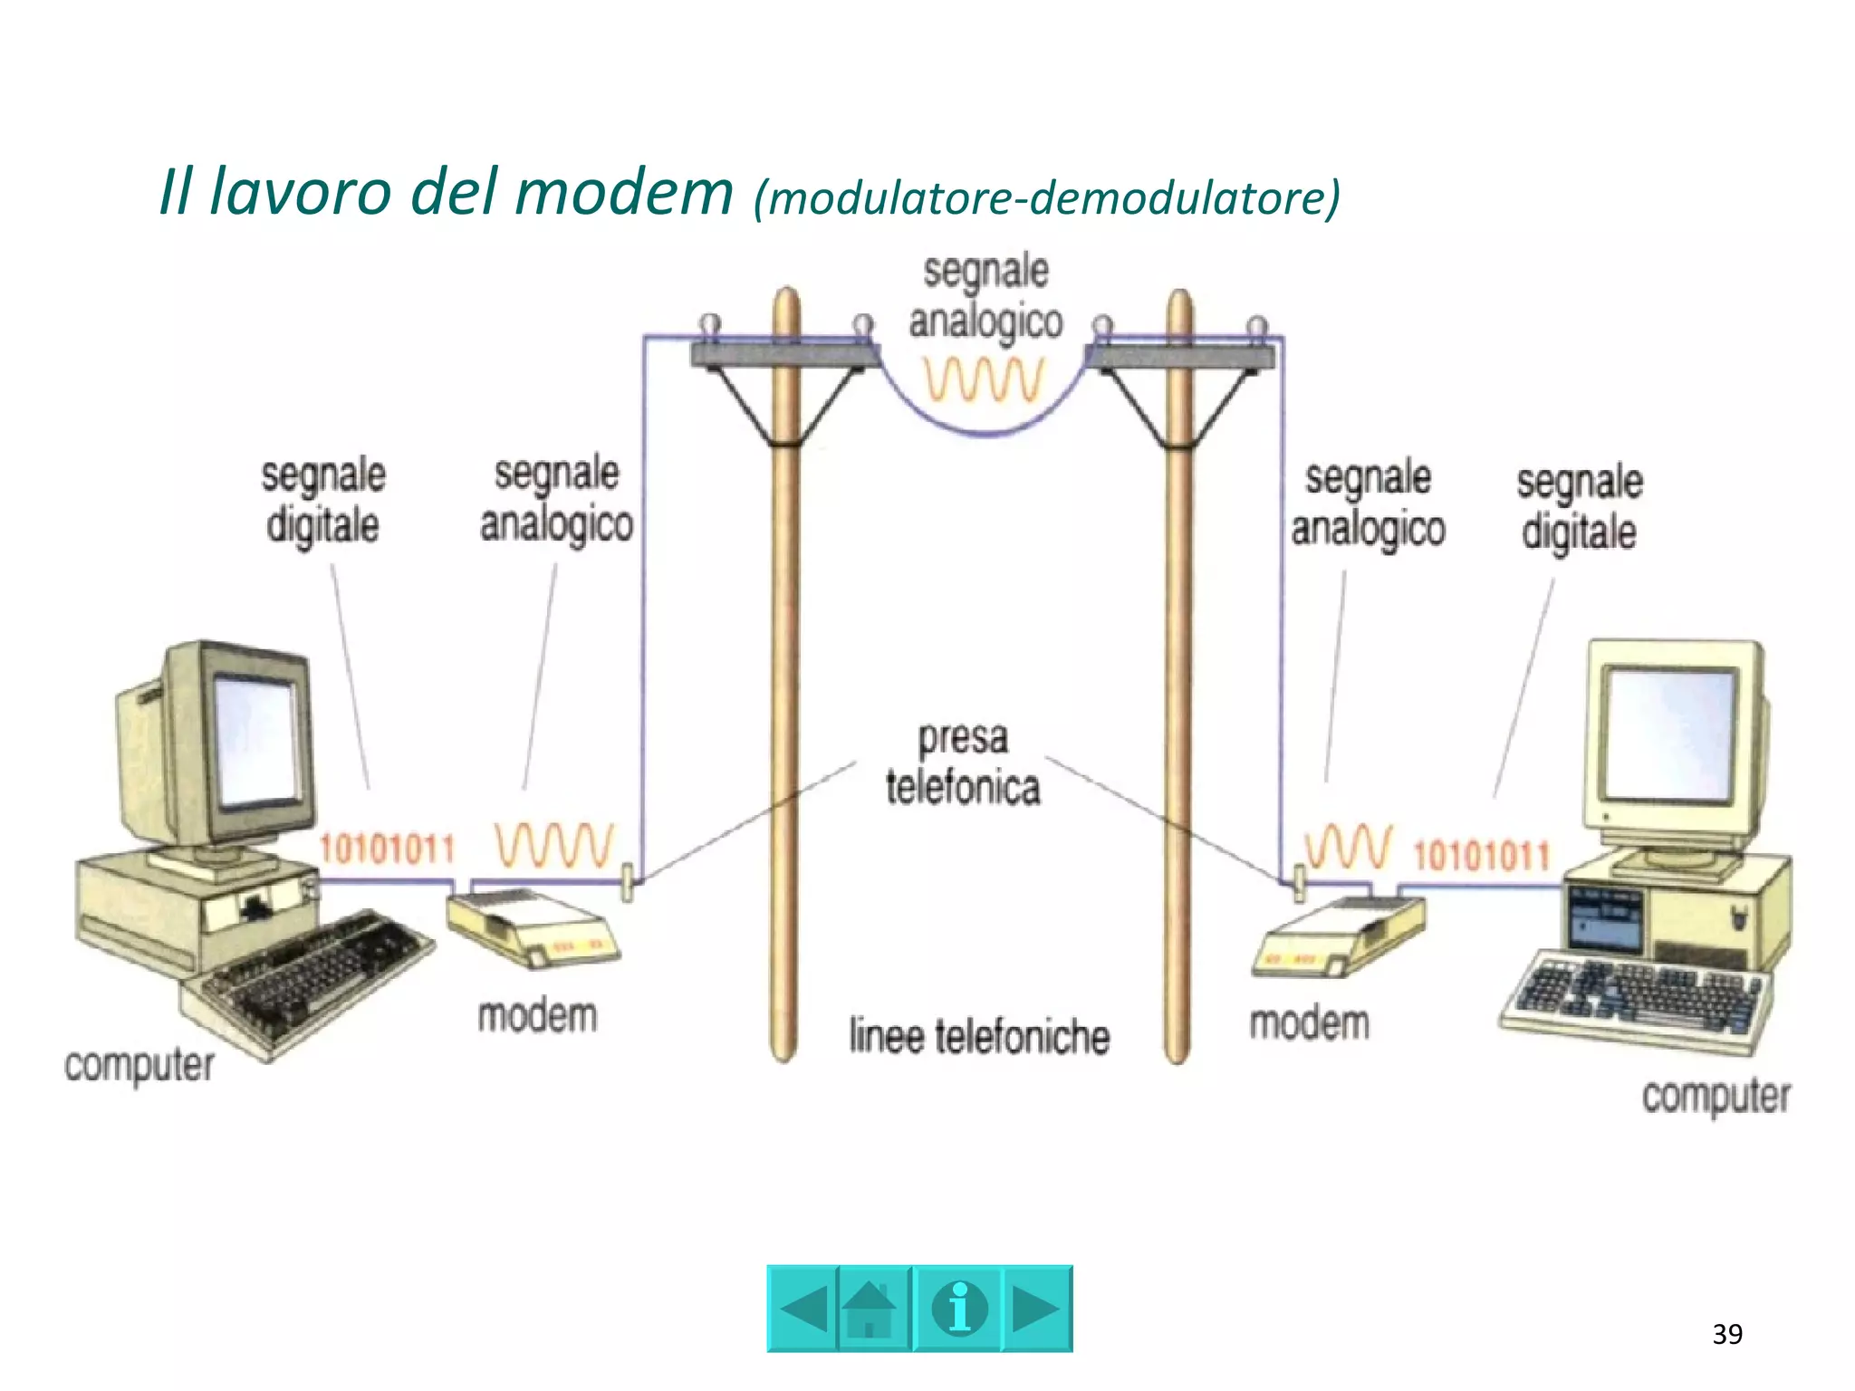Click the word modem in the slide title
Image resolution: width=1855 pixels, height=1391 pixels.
click(x=624, y=193)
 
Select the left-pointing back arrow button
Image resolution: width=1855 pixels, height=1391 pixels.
click(x=803, y=1309)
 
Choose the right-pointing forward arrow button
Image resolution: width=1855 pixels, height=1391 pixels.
click(x=1036, y=1309)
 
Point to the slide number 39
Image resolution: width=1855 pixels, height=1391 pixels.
click(x=1727, y=1334)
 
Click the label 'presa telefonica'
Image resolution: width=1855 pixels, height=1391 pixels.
click(x=962, y=763)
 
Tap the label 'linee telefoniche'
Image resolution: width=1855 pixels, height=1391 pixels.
click(x=979, y=1037)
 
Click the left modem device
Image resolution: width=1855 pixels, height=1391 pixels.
click(x=533, y=927)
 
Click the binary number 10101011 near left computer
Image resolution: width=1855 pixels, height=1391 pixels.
click(x=387, y=849)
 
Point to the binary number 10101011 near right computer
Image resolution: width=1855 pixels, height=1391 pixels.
click(x=1482, y=855)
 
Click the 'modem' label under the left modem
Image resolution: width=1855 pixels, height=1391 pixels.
click(x=537, y=1016)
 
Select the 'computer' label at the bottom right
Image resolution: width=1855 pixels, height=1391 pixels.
click(x=1716, y=1096)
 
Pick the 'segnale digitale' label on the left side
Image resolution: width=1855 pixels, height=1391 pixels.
click(x=323, y=501)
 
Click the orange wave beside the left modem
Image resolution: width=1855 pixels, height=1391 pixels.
click(x=554, y=846)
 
